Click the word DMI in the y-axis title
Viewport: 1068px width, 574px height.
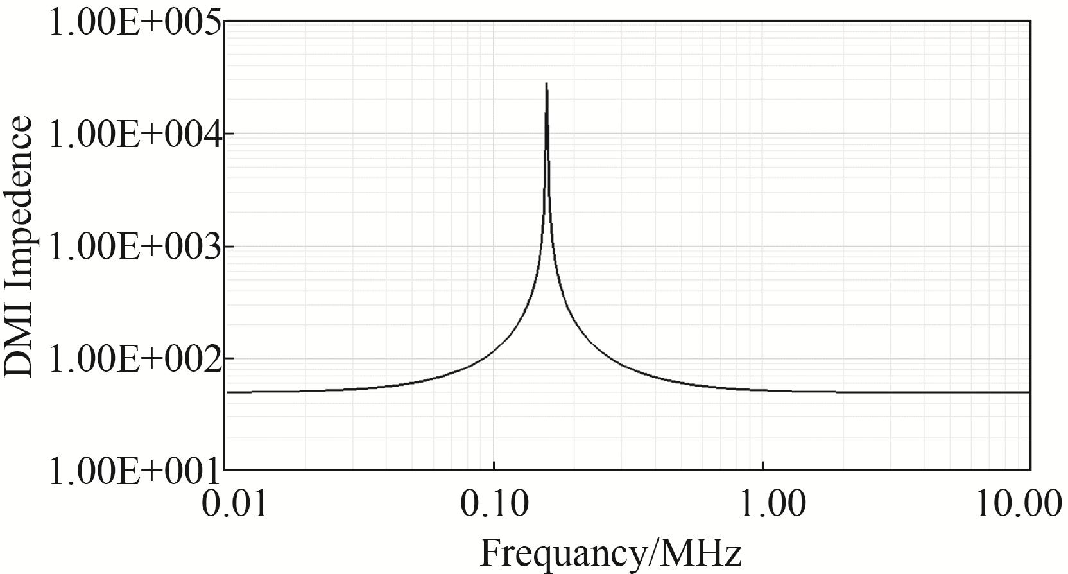pos(17,350)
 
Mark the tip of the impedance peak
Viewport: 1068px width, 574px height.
pos(546,83)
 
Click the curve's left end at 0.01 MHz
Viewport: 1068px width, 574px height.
pos(227,392)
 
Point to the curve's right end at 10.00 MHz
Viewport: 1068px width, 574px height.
pos(1029,392)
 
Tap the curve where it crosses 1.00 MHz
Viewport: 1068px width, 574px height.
pos(762,390)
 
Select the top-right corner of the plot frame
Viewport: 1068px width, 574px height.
pos(1030,21)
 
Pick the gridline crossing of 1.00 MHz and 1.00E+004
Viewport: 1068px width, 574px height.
pos(762,134)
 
